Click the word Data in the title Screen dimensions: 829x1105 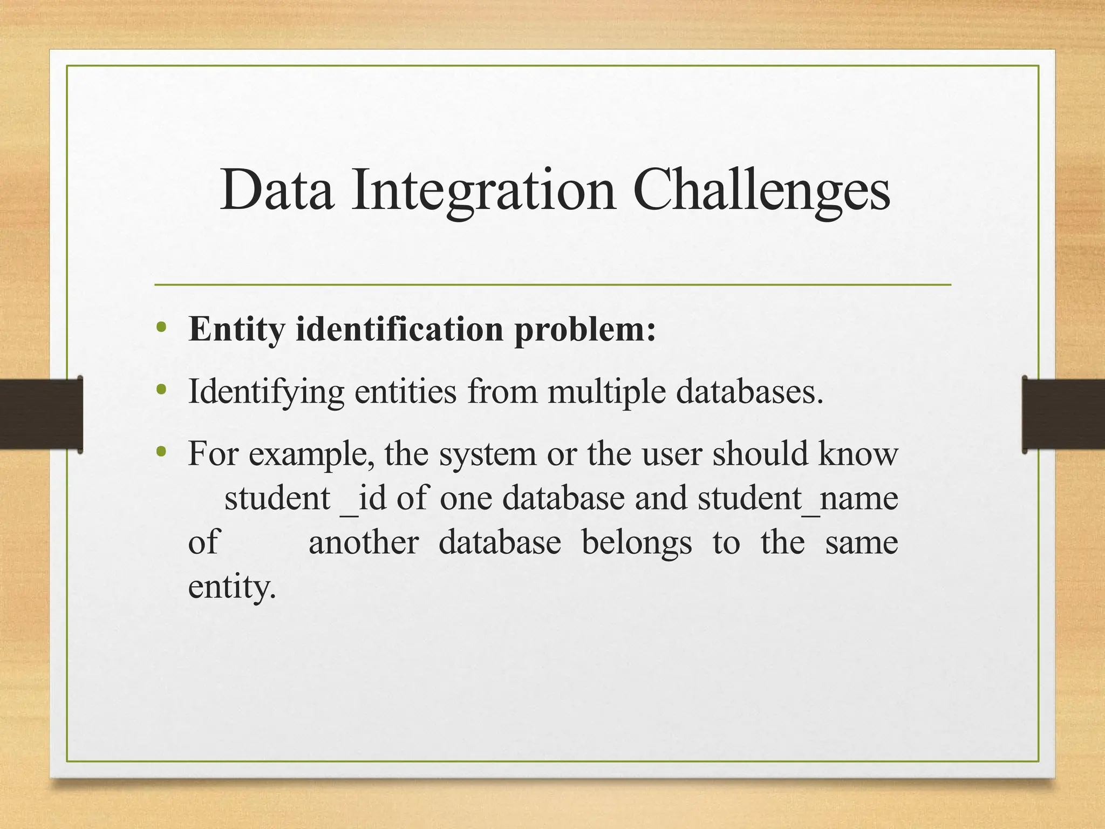click(x=277, y=190)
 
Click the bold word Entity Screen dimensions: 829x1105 click(x=236, y=329)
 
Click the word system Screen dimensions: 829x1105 click(x=488, y=455)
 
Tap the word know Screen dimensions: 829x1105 click(x=858, y=454)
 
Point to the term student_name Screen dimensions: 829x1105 click(x=797, y=498)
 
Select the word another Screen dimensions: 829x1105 click(x=363, y=542)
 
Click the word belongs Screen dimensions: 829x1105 click(x=637, y=543)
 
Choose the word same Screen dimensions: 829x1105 click(x=862, y=542)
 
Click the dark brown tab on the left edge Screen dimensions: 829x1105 click(x=41, y=414)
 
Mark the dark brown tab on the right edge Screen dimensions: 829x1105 click(x=1063, y=414)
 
